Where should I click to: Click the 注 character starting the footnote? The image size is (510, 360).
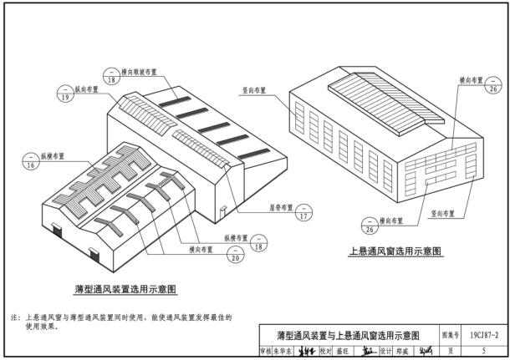(x=13, y=318)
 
